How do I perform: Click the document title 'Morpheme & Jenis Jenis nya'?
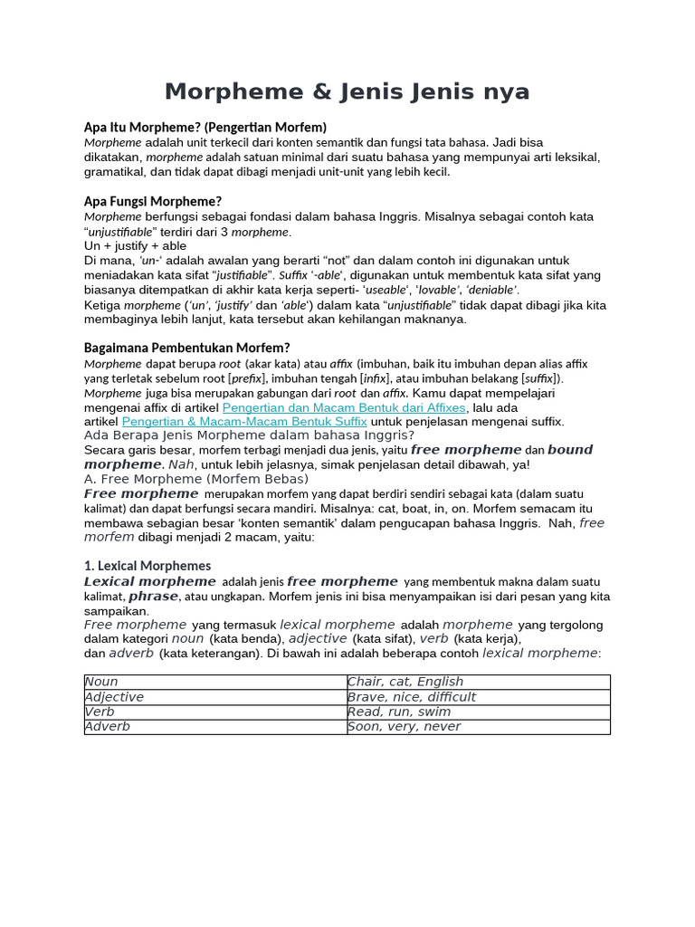tap(347, 92)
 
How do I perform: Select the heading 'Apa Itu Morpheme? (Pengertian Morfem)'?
tap(205, 127)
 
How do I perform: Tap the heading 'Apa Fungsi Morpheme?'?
tap(152, 201)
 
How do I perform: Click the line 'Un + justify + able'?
tap(136, 245)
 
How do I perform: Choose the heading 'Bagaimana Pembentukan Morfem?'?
tap(187, 348)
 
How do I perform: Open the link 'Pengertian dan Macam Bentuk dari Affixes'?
tap(344, 407)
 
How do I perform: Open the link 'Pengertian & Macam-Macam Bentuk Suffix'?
tap(244, 422)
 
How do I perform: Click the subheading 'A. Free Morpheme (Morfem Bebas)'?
tap(196, 479)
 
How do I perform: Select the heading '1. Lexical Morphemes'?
tap(147, 566)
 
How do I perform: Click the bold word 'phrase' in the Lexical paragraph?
tap(154, 597)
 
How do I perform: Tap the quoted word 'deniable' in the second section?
tap(490, 290)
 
